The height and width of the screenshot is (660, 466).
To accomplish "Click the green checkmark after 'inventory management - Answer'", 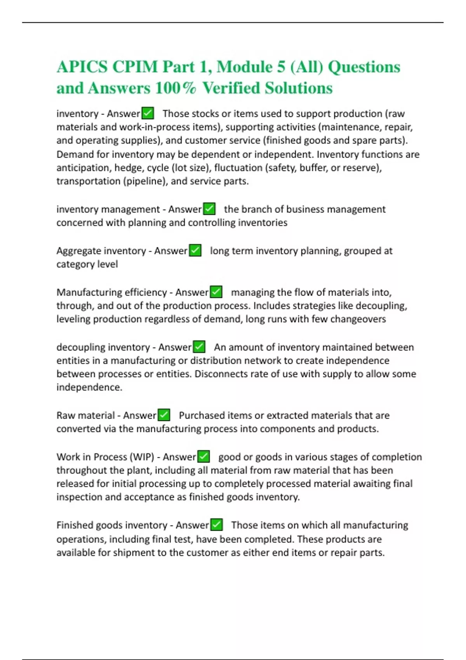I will pyautogui.click(x=209, y=209).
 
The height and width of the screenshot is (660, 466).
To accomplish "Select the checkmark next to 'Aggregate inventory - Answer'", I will pyautogui.click(x=195, y=251).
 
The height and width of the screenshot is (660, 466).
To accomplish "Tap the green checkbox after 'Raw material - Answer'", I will pyautogui.click(x=164, y=415).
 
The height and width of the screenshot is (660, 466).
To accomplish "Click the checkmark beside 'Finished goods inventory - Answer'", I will pyautogui.click(x=216, y=525).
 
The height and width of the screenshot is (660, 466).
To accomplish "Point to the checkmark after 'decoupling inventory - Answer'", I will pyautogui.click(x=199, y=347).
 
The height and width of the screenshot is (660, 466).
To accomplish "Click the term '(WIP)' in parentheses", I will pyautogui.click(x=142, y=457).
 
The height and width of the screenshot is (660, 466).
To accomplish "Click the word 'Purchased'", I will pyautogui.click(x=202, y=415).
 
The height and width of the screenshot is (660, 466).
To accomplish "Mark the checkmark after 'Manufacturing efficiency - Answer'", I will pyautogui.click(x=216, y=292).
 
